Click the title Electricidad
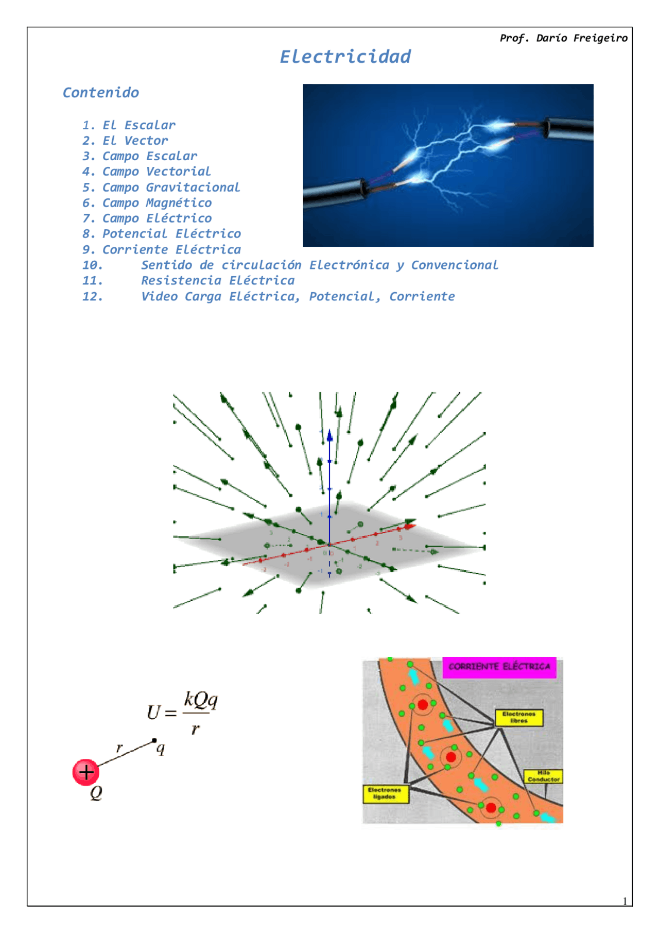[345, 57]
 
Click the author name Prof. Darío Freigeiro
[563, 38]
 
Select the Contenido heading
[101, 93]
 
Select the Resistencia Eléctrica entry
[218, 281]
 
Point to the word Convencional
[454, 265]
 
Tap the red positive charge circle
[85, 772]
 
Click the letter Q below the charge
[96, 793]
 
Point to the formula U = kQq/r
[183, 713]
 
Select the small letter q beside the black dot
[161, 748]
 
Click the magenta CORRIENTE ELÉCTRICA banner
[499, 667]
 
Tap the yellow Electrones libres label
[519, 717]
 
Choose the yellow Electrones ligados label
[385, 793]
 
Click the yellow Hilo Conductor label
[543, 776]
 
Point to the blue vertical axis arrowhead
[329, 436]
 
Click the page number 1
[625, 901]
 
